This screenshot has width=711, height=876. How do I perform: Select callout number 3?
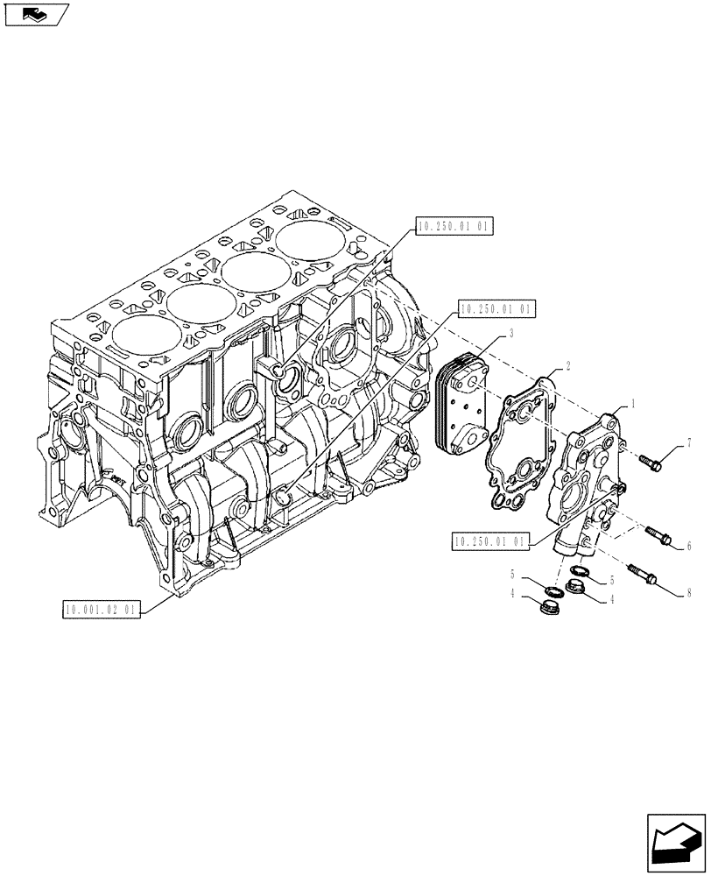(511, 334)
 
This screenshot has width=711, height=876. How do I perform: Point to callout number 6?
(689, 546)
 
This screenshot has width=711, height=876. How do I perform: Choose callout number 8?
(689, 593)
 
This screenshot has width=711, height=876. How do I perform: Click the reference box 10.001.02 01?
(102, 608)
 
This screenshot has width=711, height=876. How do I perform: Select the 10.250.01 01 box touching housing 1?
(492, 542)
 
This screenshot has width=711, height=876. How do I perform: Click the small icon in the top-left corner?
(35, 15)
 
